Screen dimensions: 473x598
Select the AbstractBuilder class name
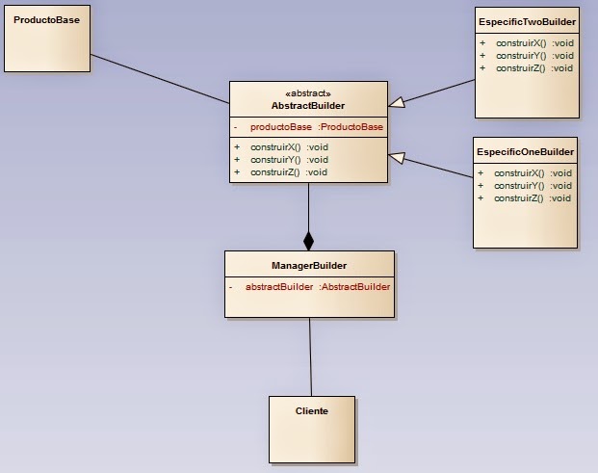tap(308, 106)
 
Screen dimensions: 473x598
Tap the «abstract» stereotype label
tap(308, 93)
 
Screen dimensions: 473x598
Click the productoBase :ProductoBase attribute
tap(316, 127)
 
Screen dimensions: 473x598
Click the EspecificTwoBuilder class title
tap(527, 20)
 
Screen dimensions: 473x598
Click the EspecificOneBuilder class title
tap(525, 151)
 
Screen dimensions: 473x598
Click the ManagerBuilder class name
tap(309, 265)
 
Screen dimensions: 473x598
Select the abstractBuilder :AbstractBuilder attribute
tap(317, 286)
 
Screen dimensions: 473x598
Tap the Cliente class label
tap(311, 410)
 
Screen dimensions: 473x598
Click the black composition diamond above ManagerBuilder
tap(308, 241)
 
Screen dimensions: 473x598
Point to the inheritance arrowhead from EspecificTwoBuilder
tap(397, 100)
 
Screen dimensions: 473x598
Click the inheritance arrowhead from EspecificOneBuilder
tap(397, 157)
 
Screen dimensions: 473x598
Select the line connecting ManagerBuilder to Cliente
tap(310, 356)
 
